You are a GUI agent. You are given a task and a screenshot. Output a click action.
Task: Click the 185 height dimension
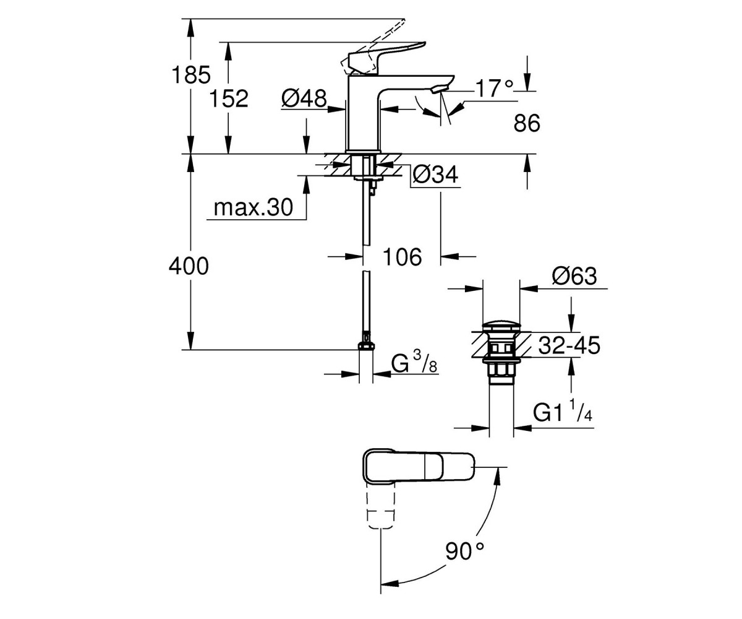[x=191, y=75]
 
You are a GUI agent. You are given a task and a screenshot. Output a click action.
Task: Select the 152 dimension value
[x=229, y=98]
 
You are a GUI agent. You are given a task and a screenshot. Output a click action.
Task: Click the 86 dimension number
[x=527, y=123]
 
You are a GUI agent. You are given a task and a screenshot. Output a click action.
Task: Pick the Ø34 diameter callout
[x=436, y=175]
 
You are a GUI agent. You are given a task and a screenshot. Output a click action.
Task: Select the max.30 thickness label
[x=253, y=207]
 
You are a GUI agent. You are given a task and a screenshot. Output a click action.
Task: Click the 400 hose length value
[x=189, y=266]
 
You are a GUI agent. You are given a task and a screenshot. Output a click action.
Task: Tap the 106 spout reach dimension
[x=403, y=257]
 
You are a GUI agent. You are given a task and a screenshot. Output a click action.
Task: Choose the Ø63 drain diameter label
[x=574, y=275]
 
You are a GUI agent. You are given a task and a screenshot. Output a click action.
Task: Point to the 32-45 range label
[x=569, y=345]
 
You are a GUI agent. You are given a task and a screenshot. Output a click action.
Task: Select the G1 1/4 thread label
[x=563, y=410]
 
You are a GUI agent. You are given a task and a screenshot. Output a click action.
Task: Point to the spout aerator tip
[x=440, y=89]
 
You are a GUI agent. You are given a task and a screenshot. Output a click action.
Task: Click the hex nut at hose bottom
[x=365, y=346]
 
